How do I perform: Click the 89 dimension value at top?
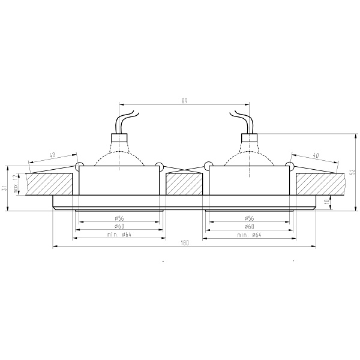184,101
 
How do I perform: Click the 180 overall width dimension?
184,242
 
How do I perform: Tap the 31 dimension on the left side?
4,188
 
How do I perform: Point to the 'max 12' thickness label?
15,184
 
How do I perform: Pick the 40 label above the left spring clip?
52,155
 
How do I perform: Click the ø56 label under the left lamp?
119,218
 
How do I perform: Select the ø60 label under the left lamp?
119,226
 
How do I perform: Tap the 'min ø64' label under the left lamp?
119,235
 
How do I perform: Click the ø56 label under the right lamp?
250,218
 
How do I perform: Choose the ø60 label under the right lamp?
250,226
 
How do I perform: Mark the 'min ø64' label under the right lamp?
249,235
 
